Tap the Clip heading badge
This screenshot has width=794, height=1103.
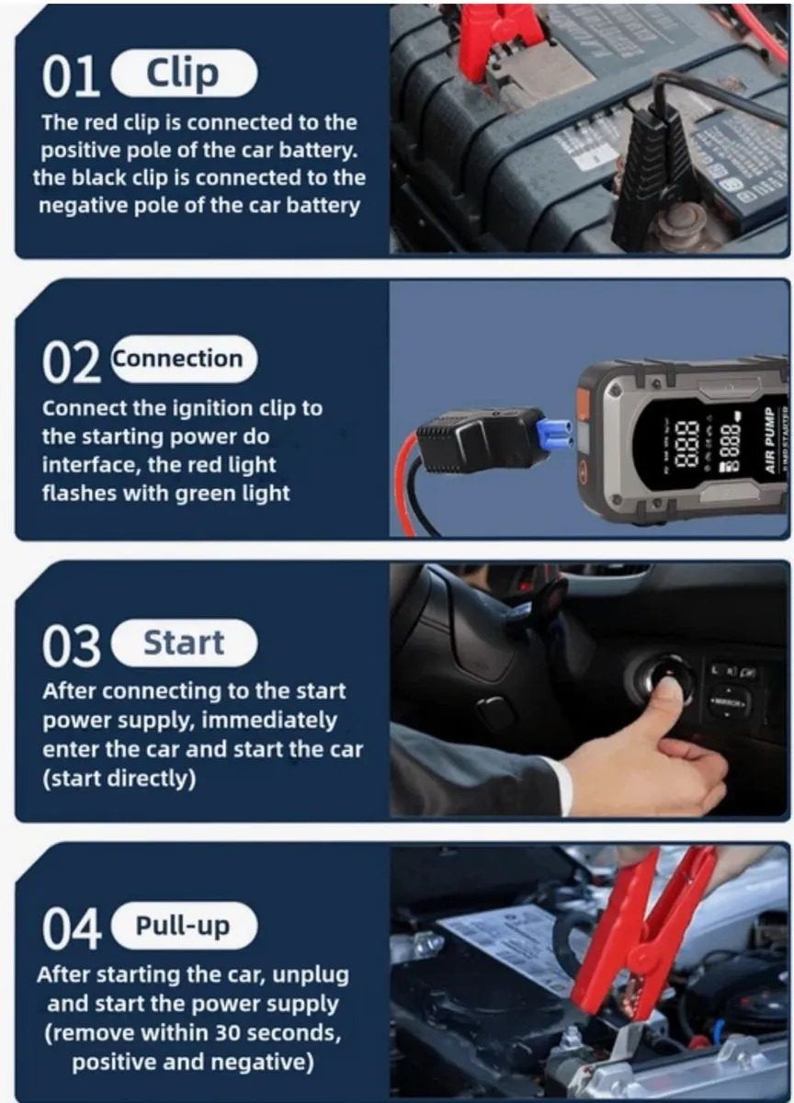pos(183,74)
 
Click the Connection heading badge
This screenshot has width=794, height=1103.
pos(183,358)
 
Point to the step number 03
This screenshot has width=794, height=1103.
pos(71,646)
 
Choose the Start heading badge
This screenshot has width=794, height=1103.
pos(183,642)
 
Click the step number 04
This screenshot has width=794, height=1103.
pos(71,928)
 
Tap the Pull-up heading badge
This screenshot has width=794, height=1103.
pos(183,925)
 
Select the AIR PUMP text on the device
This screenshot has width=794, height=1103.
pos(772,439)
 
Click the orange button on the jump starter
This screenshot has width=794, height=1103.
pos(583,405)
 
